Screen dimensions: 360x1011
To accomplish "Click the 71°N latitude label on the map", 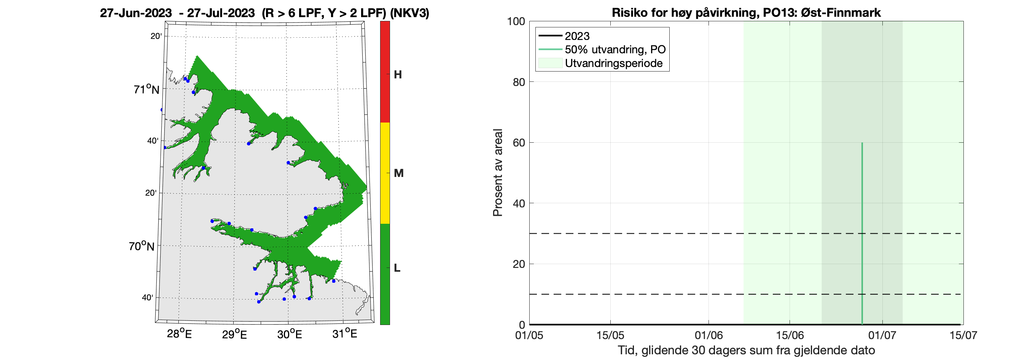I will point(146,89).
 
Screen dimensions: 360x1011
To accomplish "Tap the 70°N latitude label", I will point(142,246).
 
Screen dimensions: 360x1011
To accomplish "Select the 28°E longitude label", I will point(179,334).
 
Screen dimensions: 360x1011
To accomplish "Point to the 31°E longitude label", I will point(345,334).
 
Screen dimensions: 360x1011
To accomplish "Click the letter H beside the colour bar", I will point(398,75).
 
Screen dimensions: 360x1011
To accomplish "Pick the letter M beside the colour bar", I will point(398,173).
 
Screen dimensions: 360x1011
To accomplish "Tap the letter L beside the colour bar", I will point(397,268).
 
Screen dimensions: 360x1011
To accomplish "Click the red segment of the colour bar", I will point(385,72).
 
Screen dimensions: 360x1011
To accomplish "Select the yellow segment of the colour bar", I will point(385,173).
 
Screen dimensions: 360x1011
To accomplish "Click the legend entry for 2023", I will point(577,36).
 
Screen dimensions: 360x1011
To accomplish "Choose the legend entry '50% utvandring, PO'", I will point(615,49).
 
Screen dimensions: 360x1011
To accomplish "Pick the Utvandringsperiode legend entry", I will point(613,63).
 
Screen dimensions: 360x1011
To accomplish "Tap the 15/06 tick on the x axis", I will point(790,335).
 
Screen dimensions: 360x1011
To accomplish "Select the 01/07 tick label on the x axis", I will point(882,335).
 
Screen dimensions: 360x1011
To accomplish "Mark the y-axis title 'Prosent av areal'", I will point(498,173).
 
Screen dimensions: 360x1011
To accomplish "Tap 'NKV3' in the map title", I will point(409,13).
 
